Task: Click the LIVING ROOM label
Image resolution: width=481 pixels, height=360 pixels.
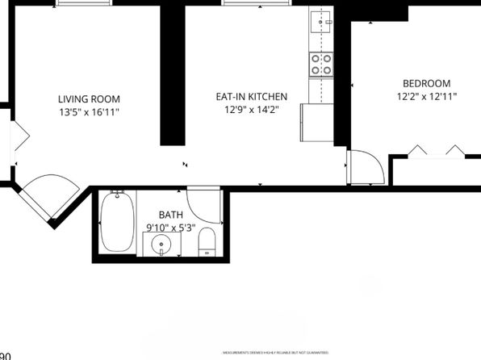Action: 89,98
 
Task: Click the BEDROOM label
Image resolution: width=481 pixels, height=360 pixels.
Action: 426,83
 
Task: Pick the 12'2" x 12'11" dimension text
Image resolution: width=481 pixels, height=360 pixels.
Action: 426,97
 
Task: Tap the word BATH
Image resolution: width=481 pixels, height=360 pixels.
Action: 170,215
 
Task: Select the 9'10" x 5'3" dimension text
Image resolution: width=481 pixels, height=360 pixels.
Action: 170,228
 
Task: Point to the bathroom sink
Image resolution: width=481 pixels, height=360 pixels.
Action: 162,244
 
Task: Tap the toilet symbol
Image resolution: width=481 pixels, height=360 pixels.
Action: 207,242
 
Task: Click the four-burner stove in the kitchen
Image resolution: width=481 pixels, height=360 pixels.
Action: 321,63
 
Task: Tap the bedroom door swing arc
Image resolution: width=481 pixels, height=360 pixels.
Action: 366,167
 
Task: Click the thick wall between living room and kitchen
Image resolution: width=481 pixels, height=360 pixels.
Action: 172,73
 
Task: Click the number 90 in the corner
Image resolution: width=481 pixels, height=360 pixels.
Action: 5,355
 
